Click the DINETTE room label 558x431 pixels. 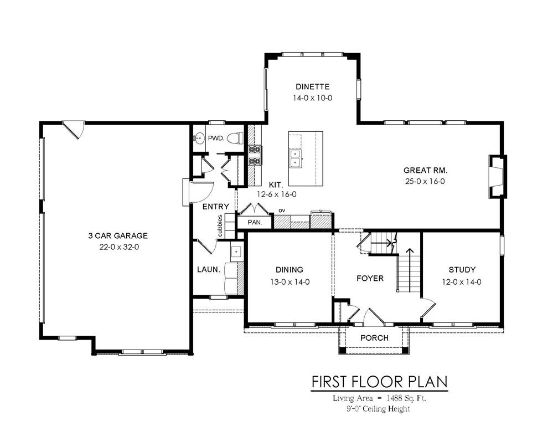tap(312, 86)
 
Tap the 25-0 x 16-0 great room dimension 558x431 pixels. tap(425, 181)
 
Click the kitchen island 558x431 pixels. tap(306, 158)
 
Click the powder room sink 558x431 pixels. tap(199, 138)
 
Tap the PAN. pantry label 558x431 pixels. tap(255, 222)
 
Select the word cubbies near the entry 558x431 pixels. tap(220, 225)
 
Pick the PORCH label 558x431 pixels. tap(374, 338)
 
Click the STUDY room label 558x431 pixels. tap(462, 270)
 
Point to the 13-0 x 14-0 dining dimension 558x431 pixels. tap(290, 282)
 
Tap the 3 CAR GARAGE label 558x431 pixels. tap(118, 235)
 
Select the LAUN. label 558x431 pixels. tap(209, 270)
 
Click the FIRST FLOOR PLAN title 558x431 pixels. tap(379, 382)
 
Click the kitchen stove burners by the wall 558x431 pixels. tap(255, 156)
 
